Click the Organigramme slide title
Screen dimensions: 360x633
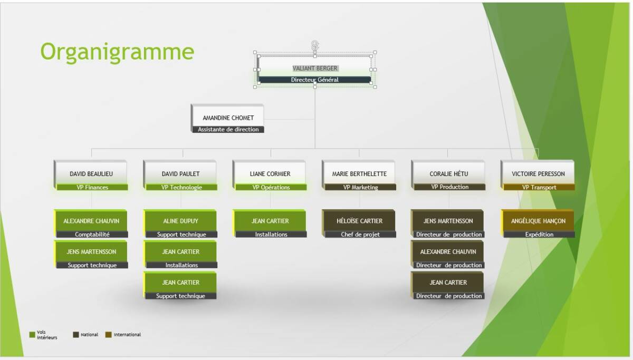click(117, 52)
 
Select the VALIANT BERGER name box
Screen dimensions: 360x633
click(315, 68)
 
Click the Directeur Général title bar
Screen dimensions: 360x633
click(315, 80)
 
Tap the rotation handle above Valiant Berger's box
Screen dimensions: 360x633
click(315, 45)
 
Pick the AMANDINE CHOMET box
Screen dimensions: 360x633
click(228, 118)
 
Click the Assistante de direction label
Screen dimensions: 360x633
click(228, 130)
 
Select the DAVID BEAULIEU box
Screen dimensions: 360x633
click(91, 173)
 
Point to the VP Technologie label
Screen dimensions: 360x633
click(180, 187)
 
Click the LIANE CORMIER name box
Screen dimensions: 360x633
click(270, 173)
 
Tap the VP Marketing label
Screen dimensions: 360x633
click(360, 187)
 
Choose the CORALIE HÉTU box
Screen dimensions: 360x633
click(448, 173)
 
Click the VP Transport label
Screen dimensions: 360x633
click(539, 187)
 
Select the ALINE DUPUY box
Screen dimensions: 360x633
click(180, 221)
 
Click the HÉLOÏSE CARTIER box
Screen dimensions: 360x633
click(359, 221)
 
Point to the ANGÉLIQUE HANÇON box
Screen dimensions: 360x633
click(538, 221)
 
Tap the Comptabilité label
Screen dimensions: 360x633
click(92, 235)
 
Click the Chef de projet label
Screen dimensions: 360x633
click(360, 235)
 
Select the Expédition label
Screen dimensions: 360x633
click(539, 235)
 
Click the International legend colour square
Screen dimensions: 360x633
click(108, 335)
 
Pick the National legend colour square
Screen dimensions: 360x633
click(76, 335)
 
